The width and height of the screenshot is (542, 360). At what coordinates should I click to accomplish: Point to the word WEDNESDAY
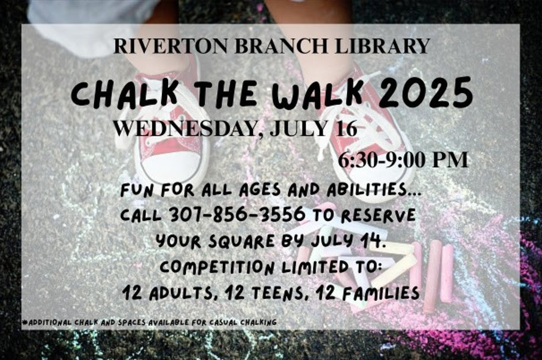tap(189, 128)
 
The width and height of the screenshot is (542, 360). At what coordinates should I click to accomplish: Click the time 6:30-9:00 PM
tap(403, 160)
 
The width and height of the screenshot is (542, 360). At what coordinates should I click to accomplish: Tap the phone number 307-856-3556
tap(238, 215)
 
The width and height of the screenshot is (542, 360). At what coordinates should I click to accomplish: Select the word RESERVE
tap(378, 215)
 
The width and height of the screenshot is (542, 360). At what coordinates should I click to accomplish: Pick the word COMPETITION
tap(218, 267)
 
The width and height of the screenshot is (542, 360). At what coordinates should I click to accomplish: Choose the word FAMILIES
tap(381, 293)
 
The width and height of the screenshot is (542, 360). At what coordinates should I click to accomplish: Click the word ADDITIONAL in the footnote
tap(48, 323)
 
